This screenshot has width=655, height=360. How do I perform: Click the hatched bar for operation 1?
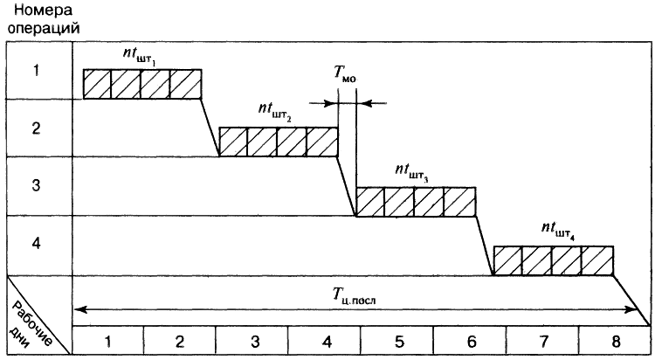(x=142, y=83)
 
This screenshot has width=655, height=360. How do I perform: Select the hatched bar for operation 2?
(x=278, y=142)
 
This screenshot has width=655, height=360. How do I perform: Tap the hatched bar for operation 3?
(x=416, y=202)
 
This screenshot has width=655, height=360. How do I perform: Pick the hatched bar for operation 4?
(x=553, y=261)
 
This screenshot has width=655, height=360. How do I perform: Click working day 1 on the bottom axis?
(x=107, y=341)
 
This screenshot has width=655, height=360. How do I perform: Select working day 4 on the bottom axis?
(x=325, y=341)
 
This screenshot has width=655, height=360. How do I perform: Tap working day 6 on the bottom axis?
(x=469, y=341)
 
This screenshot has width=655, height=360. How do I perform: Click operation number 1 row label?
(x=36, y=70)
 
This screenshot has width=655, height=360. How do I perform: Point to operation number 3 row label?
(x=36, y=185)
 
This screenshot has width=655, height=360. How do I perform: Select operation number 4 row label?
(x=36, y=244)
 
